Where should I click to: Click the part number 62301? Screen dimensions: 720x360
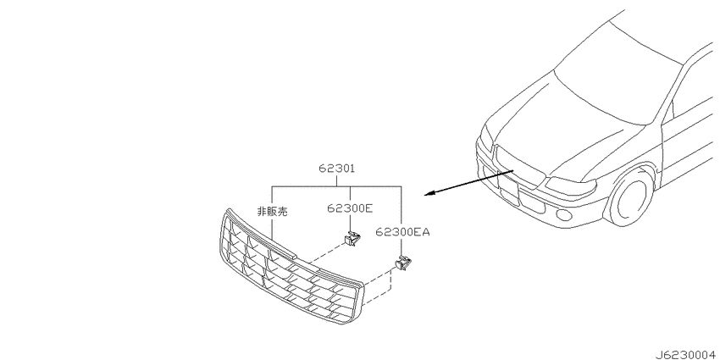(x=337, y=169)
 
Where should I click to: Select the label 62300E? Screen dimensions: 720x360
(x=350, y=208)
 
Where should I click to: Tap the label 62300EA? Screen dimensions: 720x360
(x=402, y=232)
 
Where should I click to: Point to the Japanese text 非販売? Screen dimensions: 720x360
(x=272, y=212)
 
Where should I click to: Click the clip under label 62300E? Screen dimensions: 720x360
(x=352, y=239)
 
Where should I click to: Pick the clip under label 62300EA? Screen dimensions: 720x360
(x=403, y=263)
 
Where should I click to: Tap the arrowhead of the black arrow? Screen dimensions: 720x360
(x=429, y=194)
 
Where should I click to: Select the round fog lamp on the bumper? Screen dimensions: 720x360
(x=562, y=214)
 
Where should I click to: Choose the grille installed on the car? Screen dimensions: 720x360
(x=518, y=166)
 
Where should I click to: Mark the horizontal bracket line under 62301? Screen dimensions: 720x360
(x=336, y=186)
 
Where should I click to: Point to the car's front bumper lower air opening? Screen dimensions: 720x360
(x=509, y=189)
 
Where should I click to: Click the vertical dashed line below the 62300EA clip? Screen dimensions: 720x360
(x=390, y=280)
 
